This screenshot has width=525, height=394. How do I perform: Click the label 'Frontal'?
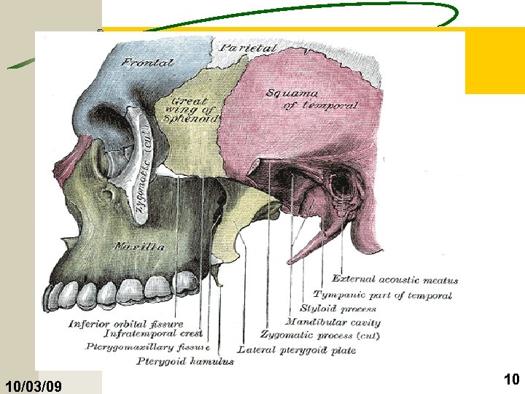pyautogui.click(x=147, y=62)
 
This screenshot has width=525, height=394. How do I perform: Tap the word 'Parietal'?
pyautogui.click(x=249, y=48)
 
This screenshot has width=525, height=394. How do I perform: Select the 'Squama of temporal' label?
pyautogui.click(x=312, y=99)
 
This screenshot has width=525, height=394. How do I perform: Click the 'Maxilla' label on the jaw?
pyautogui.click(x=139, y=247)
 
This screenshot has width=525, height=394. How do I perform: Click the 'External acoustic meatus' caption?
pyautogui.click(x=395, y=279)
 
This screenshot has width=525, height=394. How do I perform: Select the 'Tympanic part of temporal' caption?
pyautogui.click(x=383, y=295)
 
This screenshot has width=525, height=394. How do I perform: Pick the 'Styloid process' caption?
pyautogui.click(x=338, y=308)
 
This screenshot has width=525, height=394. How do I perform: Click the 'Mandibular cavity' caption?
pyautogui.click(x=332, y=322)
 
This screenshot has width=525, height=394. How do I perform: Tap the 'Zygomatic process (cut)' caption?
pyautogui.click(x=320, y=335)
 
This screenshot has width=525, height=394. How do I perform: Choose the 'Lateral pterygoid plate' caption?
pyautogui.click(x=297, y=350)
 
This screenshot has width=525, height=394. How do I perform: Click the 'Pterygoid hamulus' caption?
pyautogui.click(x=185, y=361)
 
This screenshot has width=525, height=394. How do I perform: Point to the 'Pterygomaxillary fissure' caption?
pyautogui.click(x=147, y=347)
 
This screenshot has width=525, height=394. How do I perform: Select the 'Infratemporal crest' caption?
pyautogui.click(x=153, y=333)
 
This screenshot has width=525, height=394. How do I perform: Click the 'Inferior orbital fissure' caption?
pyautogui.click(x=126, y=324)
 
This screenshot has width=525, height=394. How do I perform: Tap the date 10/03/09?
pyautogui.click(x=34, y=386)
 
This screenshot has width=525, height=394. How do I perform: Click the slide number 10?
pyautogui.click(x=511, y=379)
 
